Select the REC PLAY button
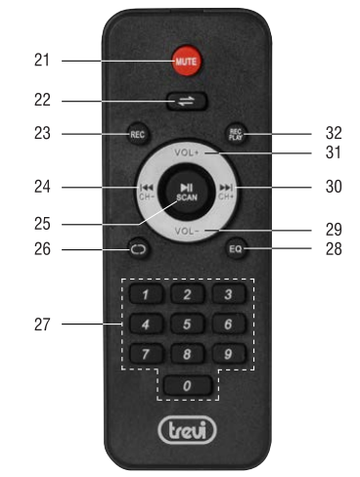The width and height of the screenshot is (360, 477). click(235, 134)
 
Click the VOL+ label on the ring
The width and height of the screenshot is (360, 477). click(186, 153)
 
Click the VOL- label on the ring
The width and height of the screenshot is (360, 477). click(186, 230)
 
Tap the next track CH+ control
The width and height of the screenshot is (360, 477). click(228, 190)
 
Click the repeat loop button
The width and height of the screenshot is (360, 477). click(136, 250)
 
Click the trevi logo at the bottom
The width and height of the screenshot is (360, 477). click(185, 430)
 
